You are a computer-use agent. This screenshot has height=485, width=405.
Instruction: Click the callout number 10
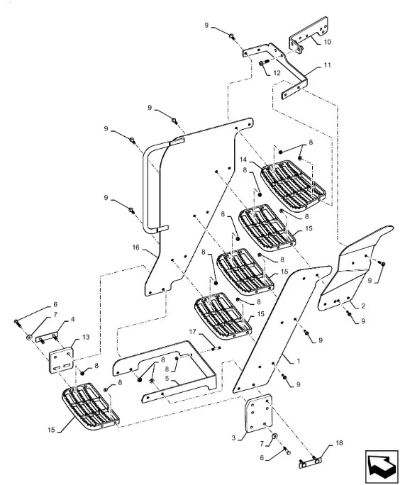[327, 42]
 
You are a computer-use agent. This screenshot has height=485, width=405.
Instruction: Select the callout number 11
[328, 65]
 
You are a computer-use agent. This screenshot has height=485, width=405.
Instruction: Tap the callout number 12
[277, 73]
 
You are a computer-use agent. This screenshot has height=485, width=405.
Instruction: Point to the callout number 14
[243, 160]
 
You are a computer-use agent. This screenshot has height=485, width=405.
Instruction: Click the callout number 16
[135, 247]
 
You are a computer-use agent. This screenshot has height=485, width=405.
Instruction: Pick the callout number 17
[192, 332]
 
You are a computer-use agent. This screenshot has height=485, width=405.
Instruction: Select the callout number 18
[339, 443]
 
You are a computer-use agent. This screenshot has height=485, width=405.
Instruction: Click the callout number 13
[86, 337]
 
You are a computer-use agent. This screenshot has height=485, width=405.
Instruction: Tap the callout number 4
[72, 319]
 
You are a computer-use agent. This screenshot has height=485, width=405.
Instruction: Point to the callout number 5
[167, 379]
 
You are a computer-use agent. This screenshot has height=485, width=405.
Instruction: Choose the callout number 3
[233, 437]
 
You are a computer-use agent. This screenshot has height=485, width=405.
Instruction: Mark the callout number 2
[363, 306]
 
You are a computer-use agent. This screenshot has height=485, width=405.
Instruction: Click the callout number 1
[299, 361]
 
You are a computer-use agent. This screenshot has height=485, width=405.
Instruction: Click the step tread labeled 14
[294, 186]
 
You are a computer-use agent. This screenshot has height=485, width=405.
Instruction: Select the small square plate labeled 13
[62, 361]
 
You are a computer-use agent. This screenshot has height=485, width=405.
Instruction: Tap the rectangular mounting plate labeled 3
[259, 413]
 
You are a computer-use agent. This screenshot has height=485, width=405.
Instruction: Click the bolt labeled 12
[263, 63]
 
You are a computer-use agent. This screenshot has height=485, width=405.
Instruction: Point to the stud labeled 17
[216, 349]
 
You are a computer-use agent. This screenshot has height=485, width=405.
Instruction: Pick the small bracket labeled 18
[310, 463]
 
